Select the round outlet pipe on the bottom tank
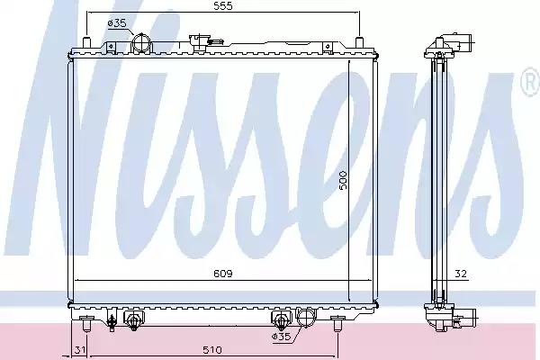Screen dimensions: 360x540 (305, 319)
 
